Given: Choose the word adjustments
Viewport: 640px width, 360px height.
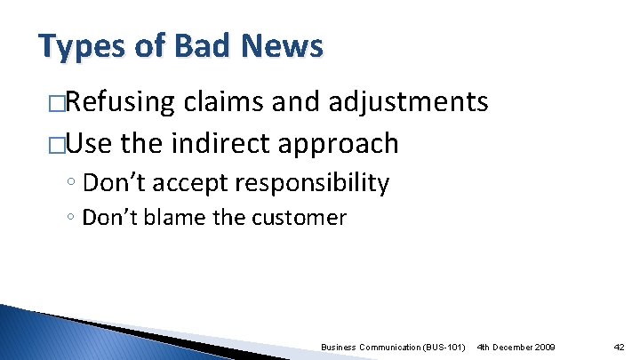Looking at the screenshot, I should [408, 103].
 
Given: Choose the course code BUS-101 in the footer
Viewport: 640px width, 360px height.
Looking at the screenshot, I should [444, 345].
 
